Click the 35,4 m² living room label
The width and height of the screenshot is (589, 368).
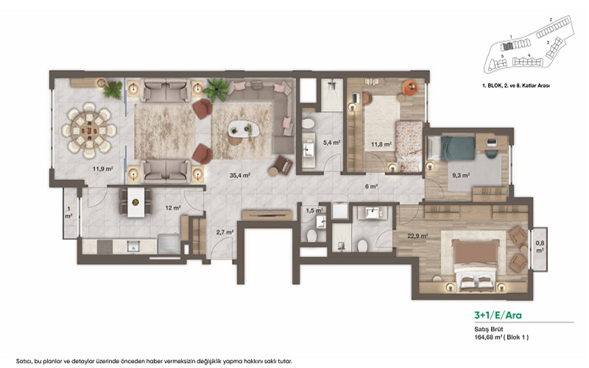(x=240, y=176)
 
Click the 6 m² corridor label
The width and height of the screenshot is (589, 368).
(x=373, y=186)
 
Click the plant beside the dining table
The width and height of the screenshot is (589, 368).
(x=113, y=91)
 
